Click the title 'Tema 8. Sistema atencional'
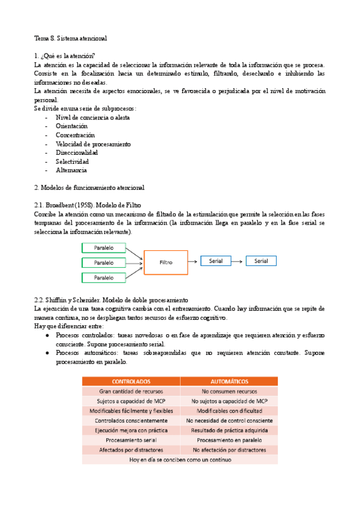(70, 38)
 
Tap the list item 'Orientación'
(71, 127)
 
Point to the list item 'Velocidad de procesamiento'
(93, 144)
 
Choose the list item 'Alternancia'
(71, 170)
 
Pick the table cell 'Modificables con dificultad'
(229, 411)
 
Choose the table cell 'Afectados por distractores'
(131, 450)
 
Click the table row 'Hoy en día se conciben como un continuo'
(180, 459)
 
